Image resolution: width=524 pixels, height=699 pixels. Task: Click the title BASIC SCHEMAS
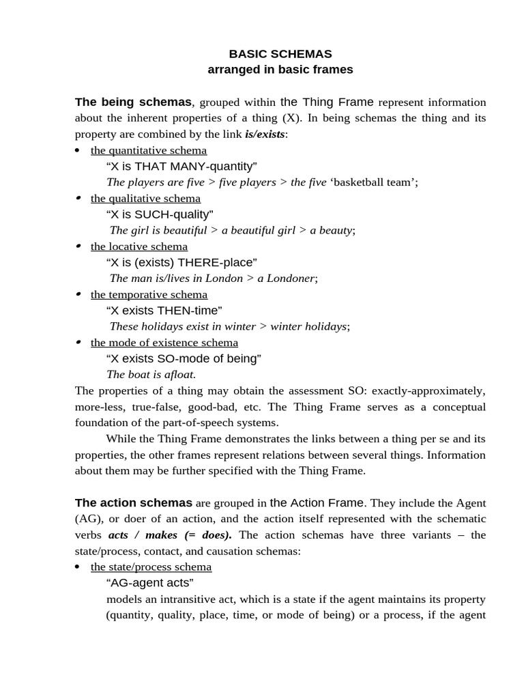tap(280, 53)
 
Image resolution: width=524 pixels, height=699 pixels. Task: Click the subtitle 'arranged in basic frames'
tap(280, 70)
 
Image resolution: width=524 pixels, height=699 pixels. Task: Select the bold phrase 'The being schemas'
tap(133, 102)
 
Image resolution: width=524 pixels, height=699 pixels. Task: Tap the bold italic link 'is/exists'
tap(265, 134)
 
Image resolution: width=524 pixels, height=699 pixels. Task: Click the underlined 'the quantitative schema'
tap(149, 150)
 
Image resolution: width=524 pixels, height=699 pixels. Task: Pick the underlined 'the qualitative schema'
tap(145, 198)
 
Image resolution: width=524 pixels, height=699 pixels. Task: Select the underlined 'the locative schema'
tap(139, 246)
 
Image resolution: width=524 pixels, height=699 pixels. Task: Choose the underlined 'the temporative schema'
tap(149, 294)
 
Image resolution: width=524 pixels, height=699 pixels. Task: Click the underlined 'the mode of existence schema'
tap(164, 343)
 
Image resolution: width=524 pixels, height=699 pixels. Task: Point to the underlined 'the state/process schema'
tap(151, 567)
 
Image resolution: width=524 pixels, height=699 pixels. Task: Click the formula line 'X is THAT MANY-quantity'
tap(181, 166)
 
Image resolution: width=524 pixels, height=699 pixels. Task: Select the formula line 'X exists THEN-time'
tap(164, 311)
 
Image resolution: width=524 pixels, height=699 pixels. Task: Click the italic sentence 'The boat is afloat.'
tap(151, 374)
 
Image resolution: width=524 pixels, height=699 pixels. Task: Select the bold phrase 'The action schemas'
tap(134, 503)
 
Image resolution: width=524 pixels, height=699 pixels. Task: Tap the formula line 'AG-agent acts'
tap(150, 582)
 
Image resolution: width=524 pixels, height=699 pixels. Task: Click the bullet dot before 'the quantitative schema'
tap(77, 150)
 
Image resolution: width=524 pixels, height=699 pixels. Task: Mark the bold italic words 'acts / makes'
tap(139, 535)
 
